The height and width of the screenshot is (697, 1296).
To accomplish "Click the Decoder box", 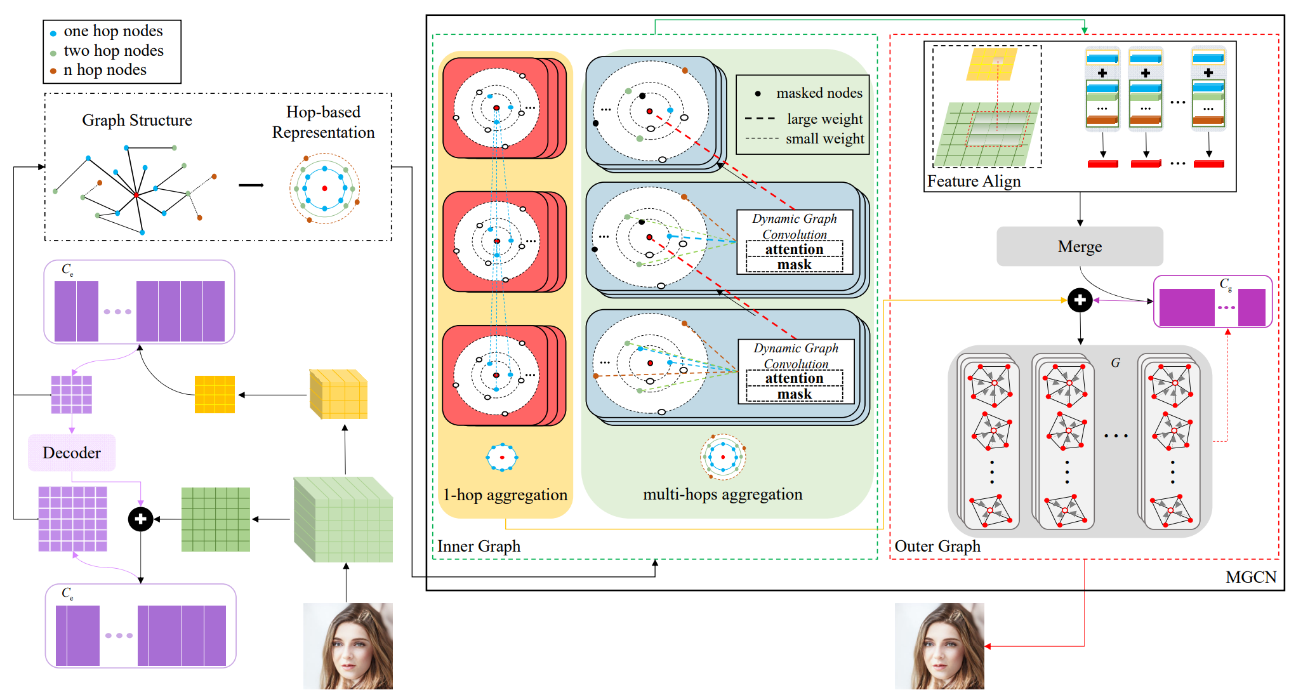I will [x=72, y=453].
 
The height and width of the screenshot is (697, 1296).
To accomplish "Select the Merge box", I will [x=1080, y=246].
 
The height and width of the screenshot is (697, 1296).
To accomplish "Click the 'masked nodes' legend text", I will [x=819, y=93].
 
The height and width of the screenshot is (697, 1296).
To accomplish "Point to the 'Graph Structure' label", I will [x=137, y=120].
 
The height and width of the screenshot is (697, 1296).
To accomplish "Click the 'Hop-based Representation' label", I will [x=323, y=122].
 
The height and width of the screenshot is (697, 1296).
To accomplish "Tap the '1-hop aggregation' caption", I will [x=505, y=495].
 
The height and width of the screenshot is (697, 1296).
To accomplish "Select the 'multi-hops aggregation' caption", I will [x=722, y=494].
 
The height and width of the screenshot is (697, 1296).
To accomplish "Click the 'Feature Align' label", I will [x=974, y=182].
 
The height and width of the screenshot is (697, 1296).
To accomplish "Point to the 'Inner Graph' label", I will [x=479, y=546].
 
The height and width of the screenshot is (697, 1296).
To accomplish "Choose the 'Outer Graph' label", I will [x=937, y=546].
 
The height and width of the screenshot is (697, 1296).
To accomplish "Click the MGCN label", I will [x=1250, y=576].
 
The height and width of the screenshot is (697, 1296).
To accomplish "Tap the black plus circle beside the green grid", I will [x=140, y=519].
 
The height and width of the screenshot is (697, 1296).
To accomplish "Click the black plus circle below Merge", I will [x=1080, y=300].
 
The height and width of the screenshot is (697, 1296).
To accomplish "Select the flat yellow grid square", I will [x=215, y=394].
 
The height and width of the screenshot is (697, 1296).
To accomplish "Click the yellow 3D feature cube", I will [x=338, y=394].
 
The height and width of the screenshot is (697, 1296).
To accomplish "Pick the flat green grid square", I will [x=215, y=519].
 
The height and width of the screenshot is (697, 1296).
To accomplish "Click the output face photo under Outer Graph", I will [x=939, y=646].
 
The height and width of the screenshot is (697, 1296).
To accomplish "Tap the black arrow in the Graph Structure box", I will [x=251, y=185].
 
